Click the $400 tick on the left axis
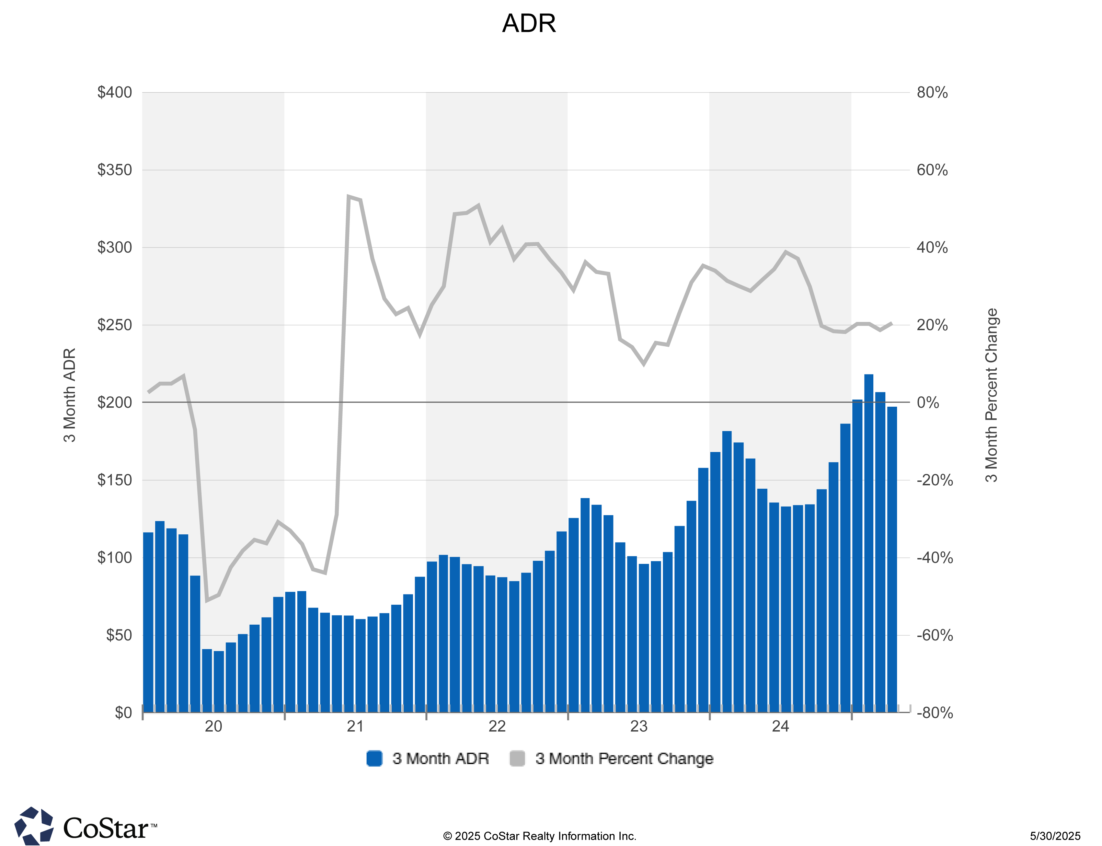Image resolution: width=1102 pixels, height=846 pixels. click(x=114, y=92)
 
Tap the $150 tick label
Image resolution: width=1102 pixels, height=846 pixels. click(x=114, y=480)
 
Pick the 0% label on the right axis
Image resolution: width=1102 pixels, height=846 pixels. click(x=927, y=402)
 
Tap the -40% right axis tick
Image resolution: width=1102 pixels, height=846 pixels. click(x=934, y=557)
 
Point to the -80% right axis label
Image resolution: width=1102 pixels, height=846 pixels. click(x=934, y=712)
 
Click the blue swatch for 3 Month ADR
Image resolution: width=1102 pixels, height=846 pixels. click(x=374, y=758)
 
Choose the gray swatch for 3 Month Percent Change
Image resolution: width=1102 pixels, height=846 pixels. click(x=517, y=758)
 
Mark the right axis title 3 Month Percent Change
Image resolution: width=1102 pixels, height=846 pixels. click(x=991, y=395)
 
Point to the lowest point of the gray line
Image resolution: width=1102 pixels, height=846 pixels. click(x=207, y=600)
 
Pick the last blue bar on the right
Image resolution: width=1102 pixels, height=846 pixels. click(x=892, y=559)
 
